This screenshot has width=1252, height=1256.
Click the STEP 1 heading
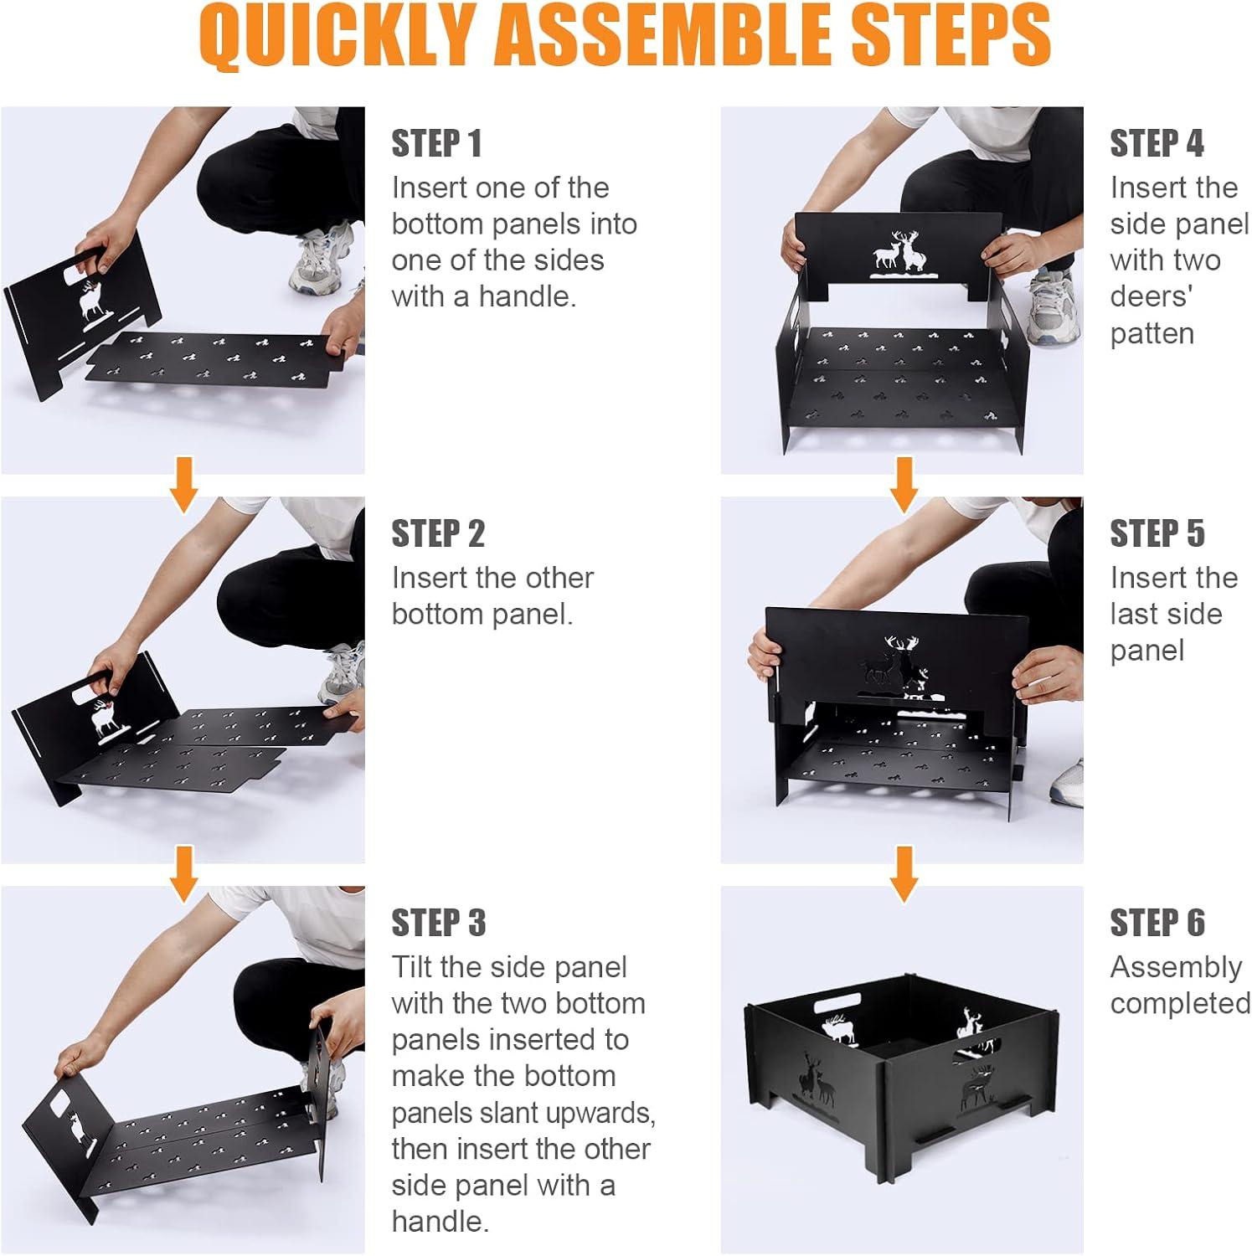pyautogui.click(x=437, y=143)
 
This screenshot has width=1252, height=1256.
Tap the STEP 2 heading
pyautogui.click(x=438, y=533)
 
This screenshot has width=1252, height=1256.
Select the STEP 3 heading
pyautogui.click(x=439, y=923)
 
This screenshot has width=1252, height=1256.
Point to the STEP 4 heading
pyautogui.click(x=1157, y=143)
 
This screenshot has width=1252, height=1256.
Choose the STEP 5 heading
pyautogui.click(x=1157, y=533)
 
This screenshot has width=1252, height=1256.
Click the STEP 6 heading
pyautogui.click(x=1157, y=923)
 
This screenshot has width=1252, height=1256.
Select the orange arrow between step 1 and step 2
pyautogui.click(x=183, y=484)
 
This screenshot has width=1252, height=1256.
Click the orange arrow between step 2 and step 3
pyautogui.click(x=183, y=873)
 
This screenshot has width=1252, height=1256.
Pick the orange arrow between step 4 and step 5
pyautogui.click(x=903, y=484)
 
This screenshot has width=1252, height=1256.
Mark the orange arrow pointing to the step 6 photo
pyautogui.click(x=903, y=873)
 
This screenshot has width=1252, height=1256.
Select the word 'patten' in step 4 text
pyautogui.click(x=1152, y=333)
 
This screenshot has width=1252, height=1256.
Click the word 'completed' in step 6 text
pyautogui.click(x=1180, y=1004)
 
